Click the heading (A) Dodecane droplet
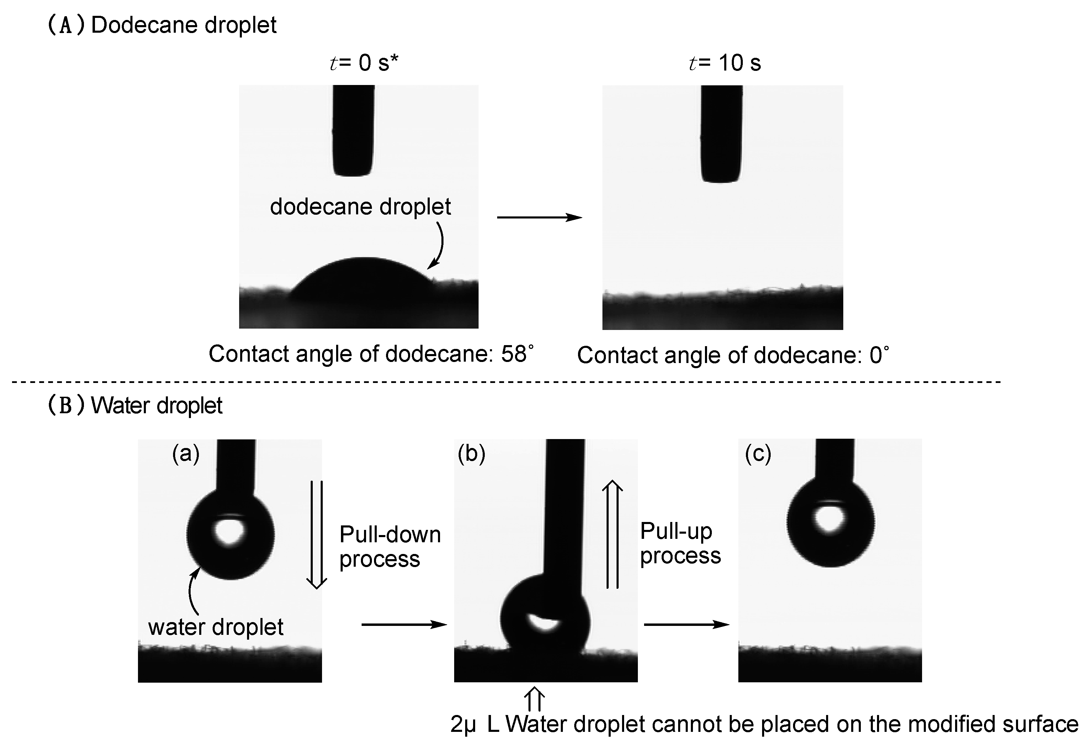[162, 25]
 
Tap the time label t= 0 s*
[364, 62]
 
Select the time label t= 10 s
[725, 62]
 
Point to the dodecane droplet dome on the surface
[362, 282]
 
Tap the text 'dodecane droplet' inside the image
[360, 206]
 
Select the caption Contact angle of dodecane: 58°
[371, 354]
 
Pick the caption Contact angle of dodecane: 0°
[733, 355]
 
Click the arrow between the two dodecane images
[539, 217]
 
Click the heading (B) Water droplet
[135, 405]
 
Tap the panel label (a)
[185, 453]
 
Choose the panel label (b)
[471, 453]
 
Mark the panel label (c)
[758, 453]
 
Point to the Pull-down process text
[389, 546]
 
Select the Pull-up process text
[680, 543]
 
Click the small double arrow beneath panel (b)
[534, 699]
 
